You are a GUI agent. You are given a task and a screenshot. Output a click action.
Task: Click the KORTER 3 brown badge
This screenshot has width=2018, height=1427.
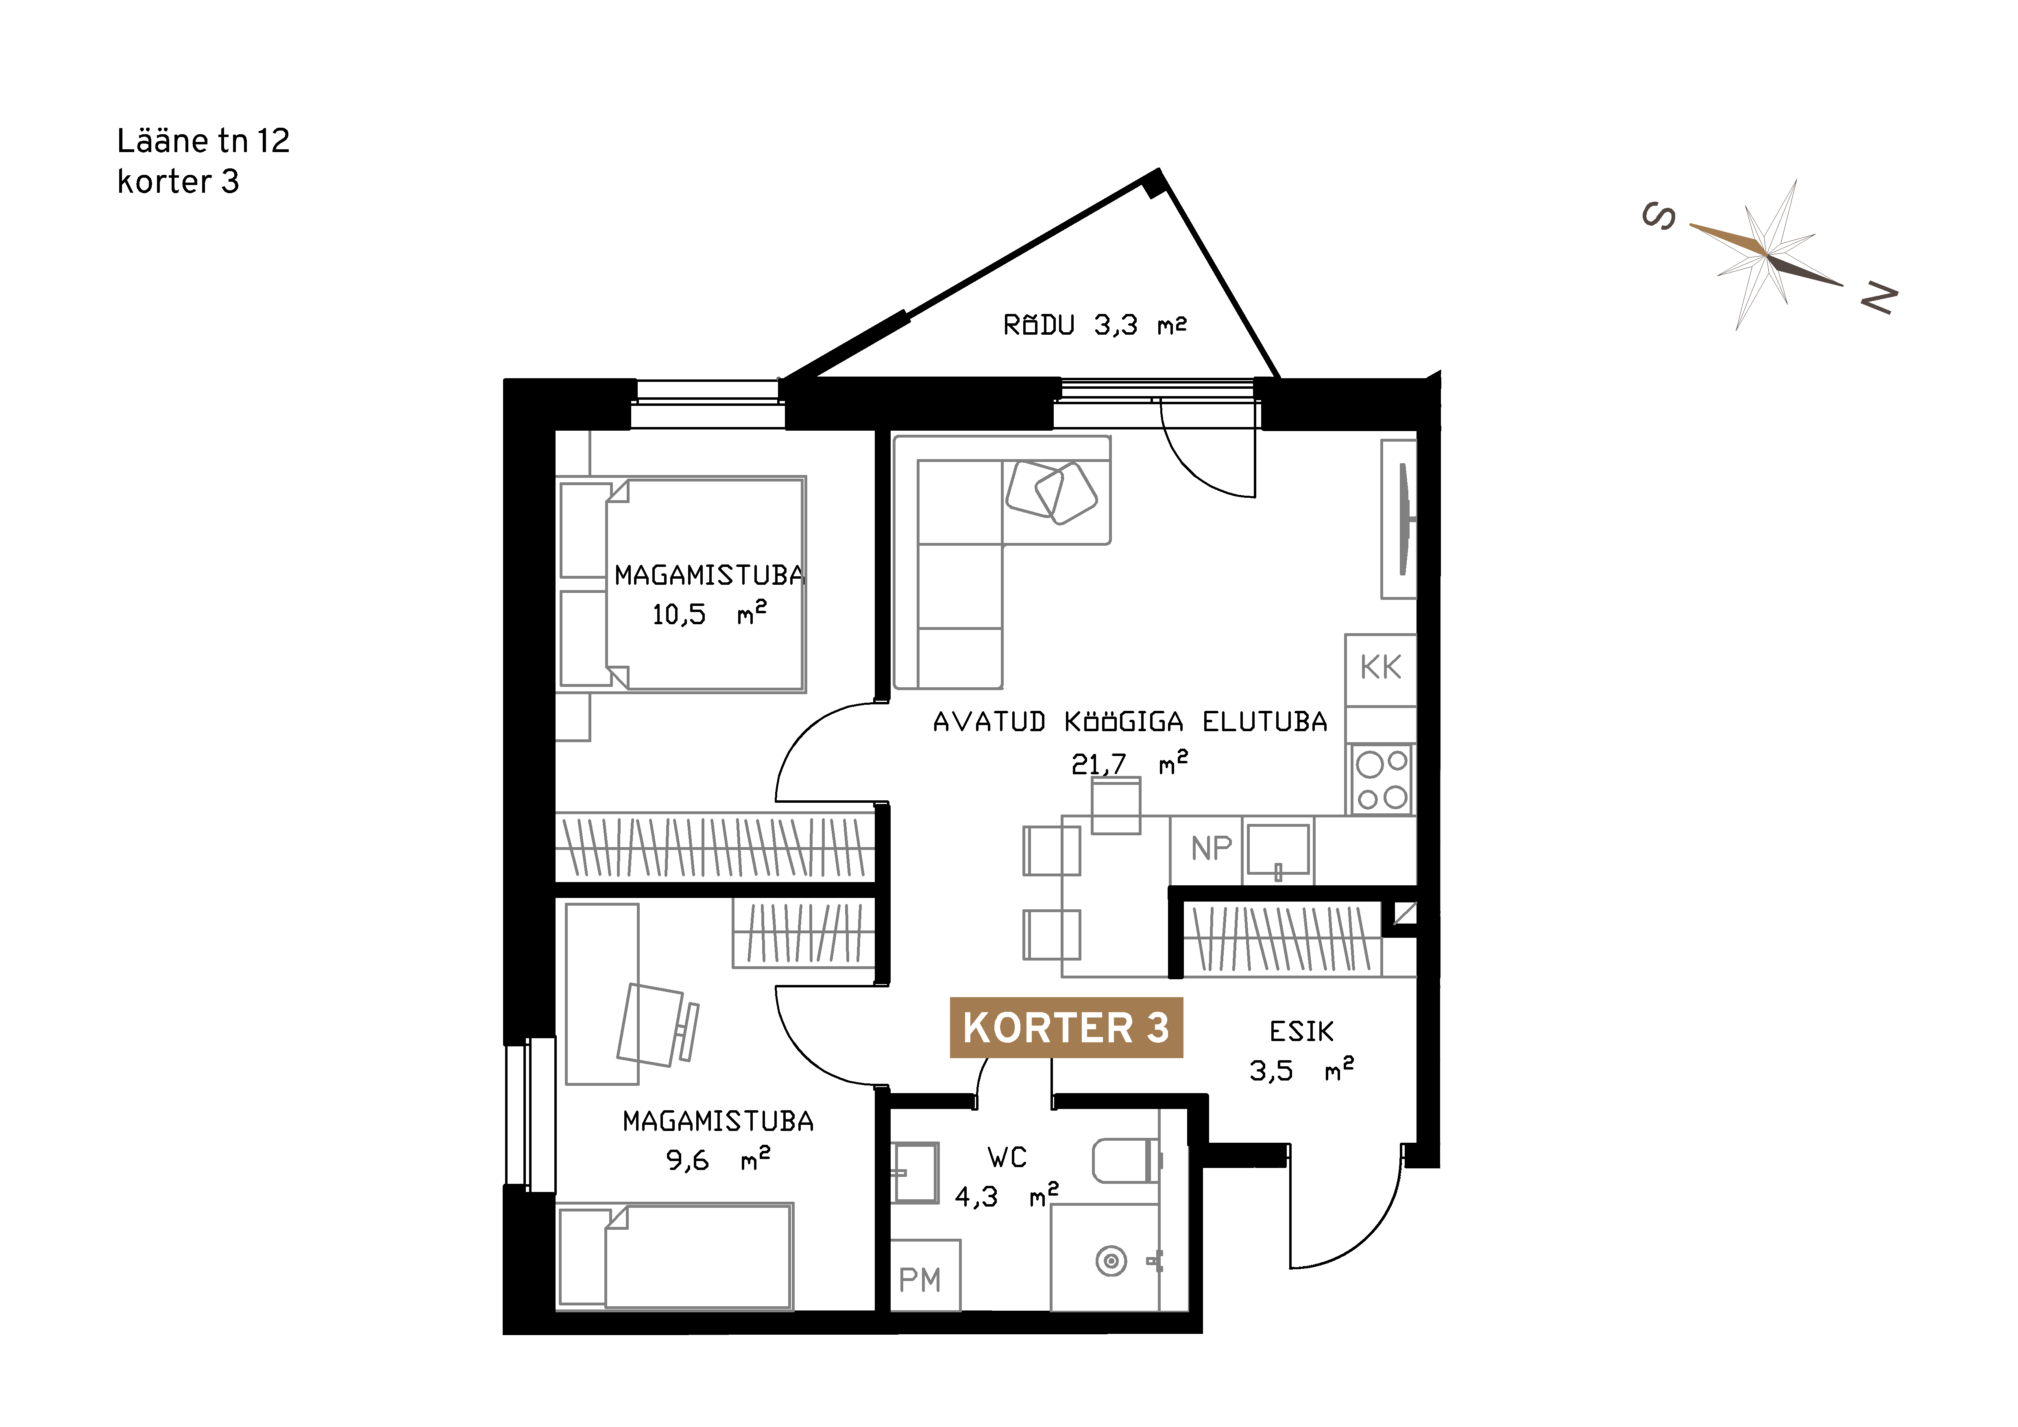1066,1027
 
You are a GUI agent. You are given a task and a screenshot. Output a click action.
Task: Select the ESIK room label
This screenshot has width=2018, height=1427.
1302,1031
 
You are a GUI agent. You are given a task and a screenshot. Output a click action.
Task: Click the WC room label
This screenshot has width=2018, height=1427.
1007,1157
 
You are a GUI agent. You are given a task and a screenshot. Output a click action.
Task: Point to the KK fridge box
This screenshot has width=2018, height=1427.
1381,669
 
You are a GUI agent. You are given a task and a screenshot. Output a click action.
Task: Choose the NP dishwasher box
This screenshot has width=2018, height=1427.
1206,850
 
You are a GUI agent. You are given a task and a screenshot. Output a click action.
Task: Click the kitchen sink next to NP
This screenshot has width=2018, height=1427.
1278,851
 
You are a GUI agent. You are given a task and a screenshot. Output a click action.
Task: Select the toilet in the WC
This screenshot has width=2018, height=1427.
1128,1161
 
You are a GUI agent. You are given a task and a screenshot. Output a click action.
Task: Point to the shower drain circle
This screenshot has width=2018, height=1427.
1112,1262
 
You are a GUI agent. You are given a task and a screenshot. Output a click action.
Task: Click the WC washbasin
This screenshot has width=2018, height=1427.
915,1172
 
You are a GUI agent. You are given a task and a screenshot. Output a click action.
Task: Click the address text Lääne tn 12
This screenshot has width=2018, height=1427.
203,141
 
